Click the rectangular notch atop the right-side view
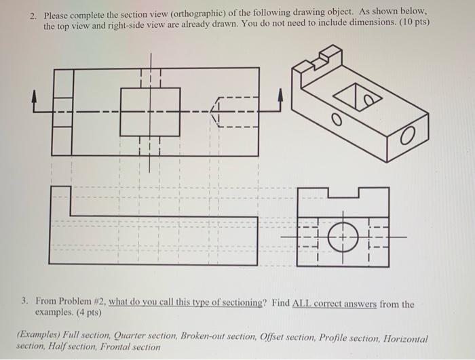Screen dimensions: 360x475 [348, 193]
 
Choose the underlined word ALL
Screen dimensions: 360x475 [303, 304]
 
